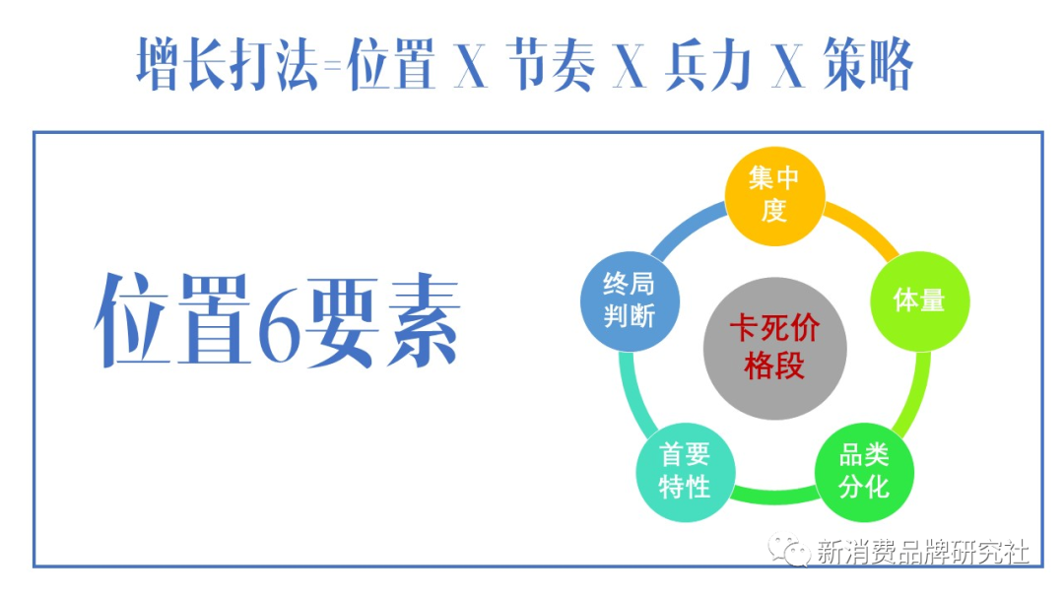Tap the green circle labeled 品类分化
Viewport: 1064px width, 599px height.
click(864, 471)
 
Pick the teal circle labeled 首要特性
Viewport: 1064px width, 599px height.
click(685, 471)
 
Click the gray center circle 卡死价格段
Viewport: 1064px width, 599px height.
click(774, 350)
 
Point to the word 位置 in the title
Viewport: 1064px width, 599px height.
click(392, 66)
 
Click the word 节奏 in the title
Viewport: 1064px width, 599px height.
click(552, 66)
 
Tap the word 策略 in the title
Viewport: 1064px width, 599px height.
click(867, 66)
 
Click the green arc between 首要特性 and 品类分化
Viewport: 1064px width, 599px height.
click(774, 493)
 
